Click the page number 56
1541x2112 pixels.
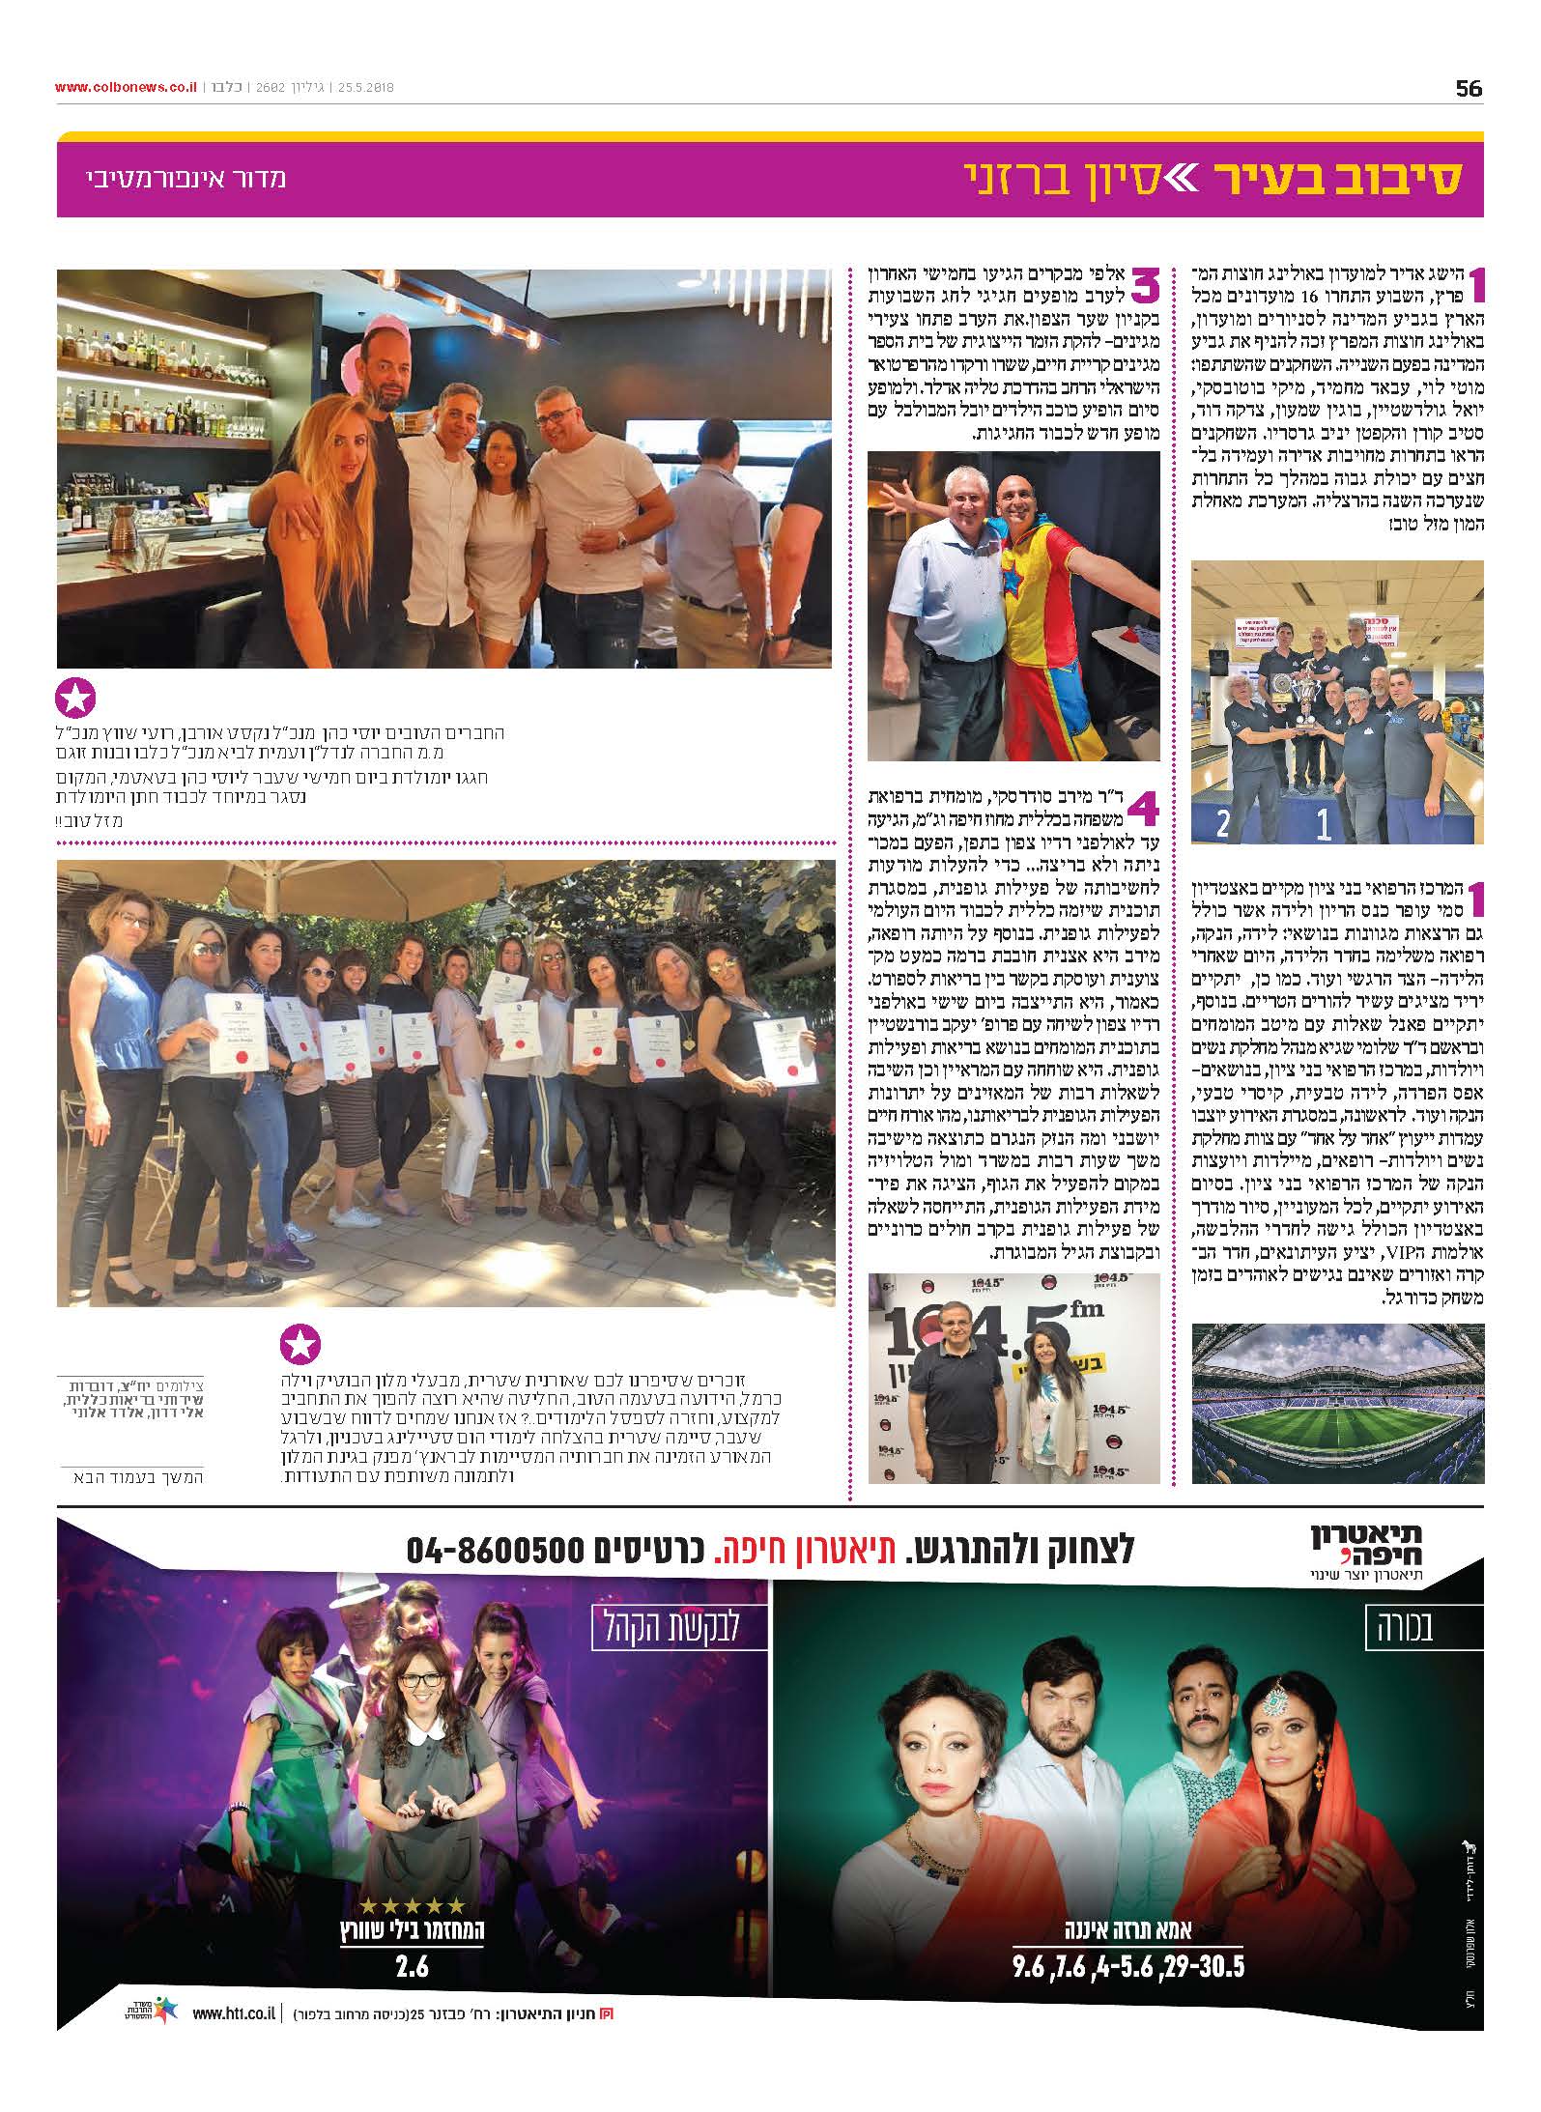(x=1468, y=88)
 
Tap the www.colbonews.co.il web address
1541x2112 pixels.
(x=127, y=87)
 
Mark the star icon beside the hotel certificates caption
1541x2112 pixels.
(x=300, y=1346)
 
